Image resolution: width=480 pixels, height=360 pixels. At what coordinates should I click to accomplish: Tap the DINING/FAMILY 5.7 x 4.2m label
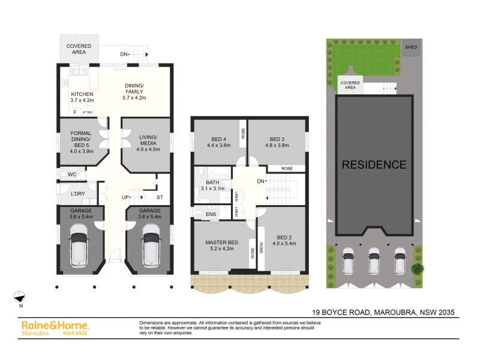(134, 91)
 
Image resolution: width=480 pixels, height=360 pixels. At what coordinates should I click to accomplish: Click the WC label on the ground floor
(72, 175)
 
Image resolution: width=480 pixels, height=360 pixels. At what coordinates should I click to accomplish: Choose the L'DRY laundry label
(77, 194)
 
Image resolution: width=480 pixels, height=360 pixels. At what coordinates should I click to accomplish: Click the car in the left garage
(80, 246)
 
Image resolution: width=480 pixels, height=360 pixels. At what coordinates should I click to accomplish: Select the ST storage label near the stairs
(160, 197)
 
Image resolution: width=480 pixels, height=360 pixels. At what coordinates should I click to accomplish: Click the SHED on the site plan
(411, 47)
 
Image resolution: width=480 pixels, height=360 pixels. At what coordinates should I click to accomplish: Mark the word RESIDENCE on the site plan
(374, 164)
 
